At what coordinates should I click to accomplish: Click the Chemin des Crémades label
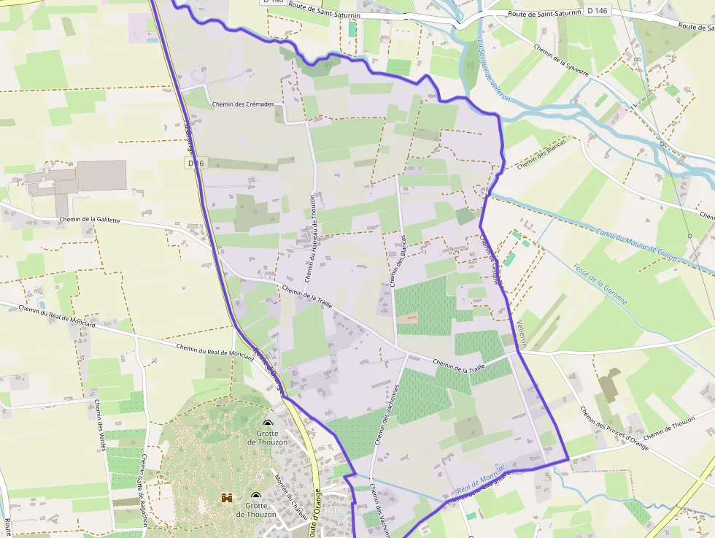coord(243,104)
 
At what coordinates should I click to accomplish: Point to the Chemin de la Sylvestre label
coord(561,59)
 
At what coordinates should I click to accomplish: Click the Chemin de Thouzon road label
coord(669,427)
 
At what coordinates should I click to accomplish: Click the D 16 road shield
coord(195,164)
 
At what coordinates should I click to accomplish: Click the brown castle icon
coord(227,497)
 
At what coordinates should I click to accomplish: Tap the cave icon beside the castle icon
coord(255,495)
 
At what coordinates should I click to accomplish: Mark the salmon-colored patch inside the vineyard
coord(409,318)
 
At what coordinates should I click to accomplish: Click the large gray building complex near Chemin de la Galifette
coord(77,178)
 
